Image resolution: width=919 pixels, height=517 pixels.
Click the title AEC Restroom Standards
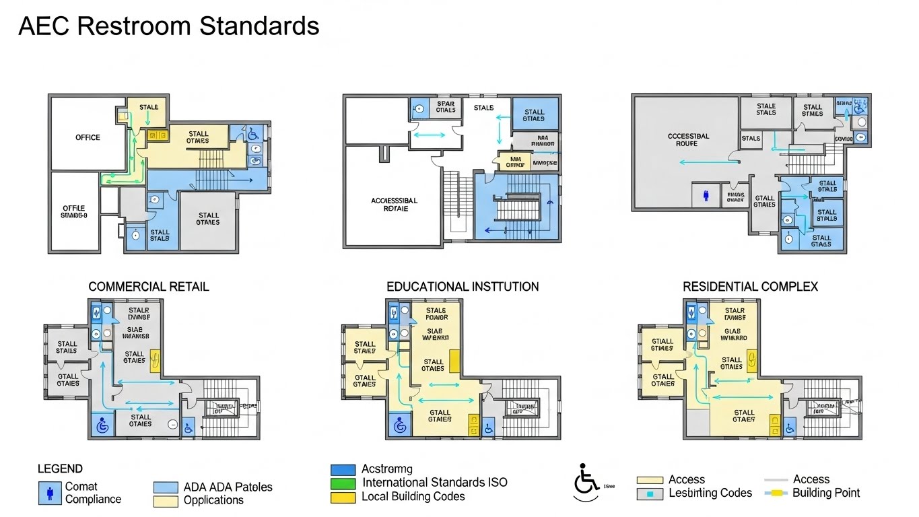tap(168, 26)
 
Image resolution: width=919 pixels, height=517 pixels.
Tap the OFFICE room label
tap(88, 137)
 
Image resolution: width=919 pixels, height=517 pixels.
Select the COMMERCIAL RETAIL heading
tap(149, 287)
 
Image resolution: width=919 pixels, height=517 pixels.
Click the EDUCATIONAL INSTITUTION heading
tap(463, 287)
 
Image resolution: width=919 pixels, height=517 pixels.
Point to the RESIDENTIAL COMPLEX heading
tap(750, 287)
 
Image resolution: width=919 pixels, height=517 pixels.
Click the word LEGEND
tap(60, 469)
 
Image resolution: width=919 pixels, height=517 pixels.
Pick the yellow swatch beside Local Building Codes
tap(343, 497)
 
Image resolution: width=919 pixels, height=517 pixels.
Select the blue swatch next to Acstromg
tap(343, 469)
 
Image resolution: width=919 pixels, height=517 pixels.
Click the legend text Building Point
tap(826, 493)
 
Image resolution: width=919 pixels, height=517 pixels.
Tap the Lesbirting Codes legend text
tap(710, 493)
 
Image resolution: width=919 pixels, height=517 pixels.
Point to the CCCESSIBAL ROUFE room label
tap(688, 140)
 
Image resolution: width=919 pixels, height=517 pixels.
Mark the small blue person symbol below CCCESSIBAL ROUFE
tap(706, 195)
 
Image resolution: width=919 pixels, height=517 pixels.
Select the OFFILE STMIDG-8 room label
tap(73, 212)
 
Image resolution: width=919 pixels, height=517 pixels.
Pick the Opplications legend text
tap(213, 500)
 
